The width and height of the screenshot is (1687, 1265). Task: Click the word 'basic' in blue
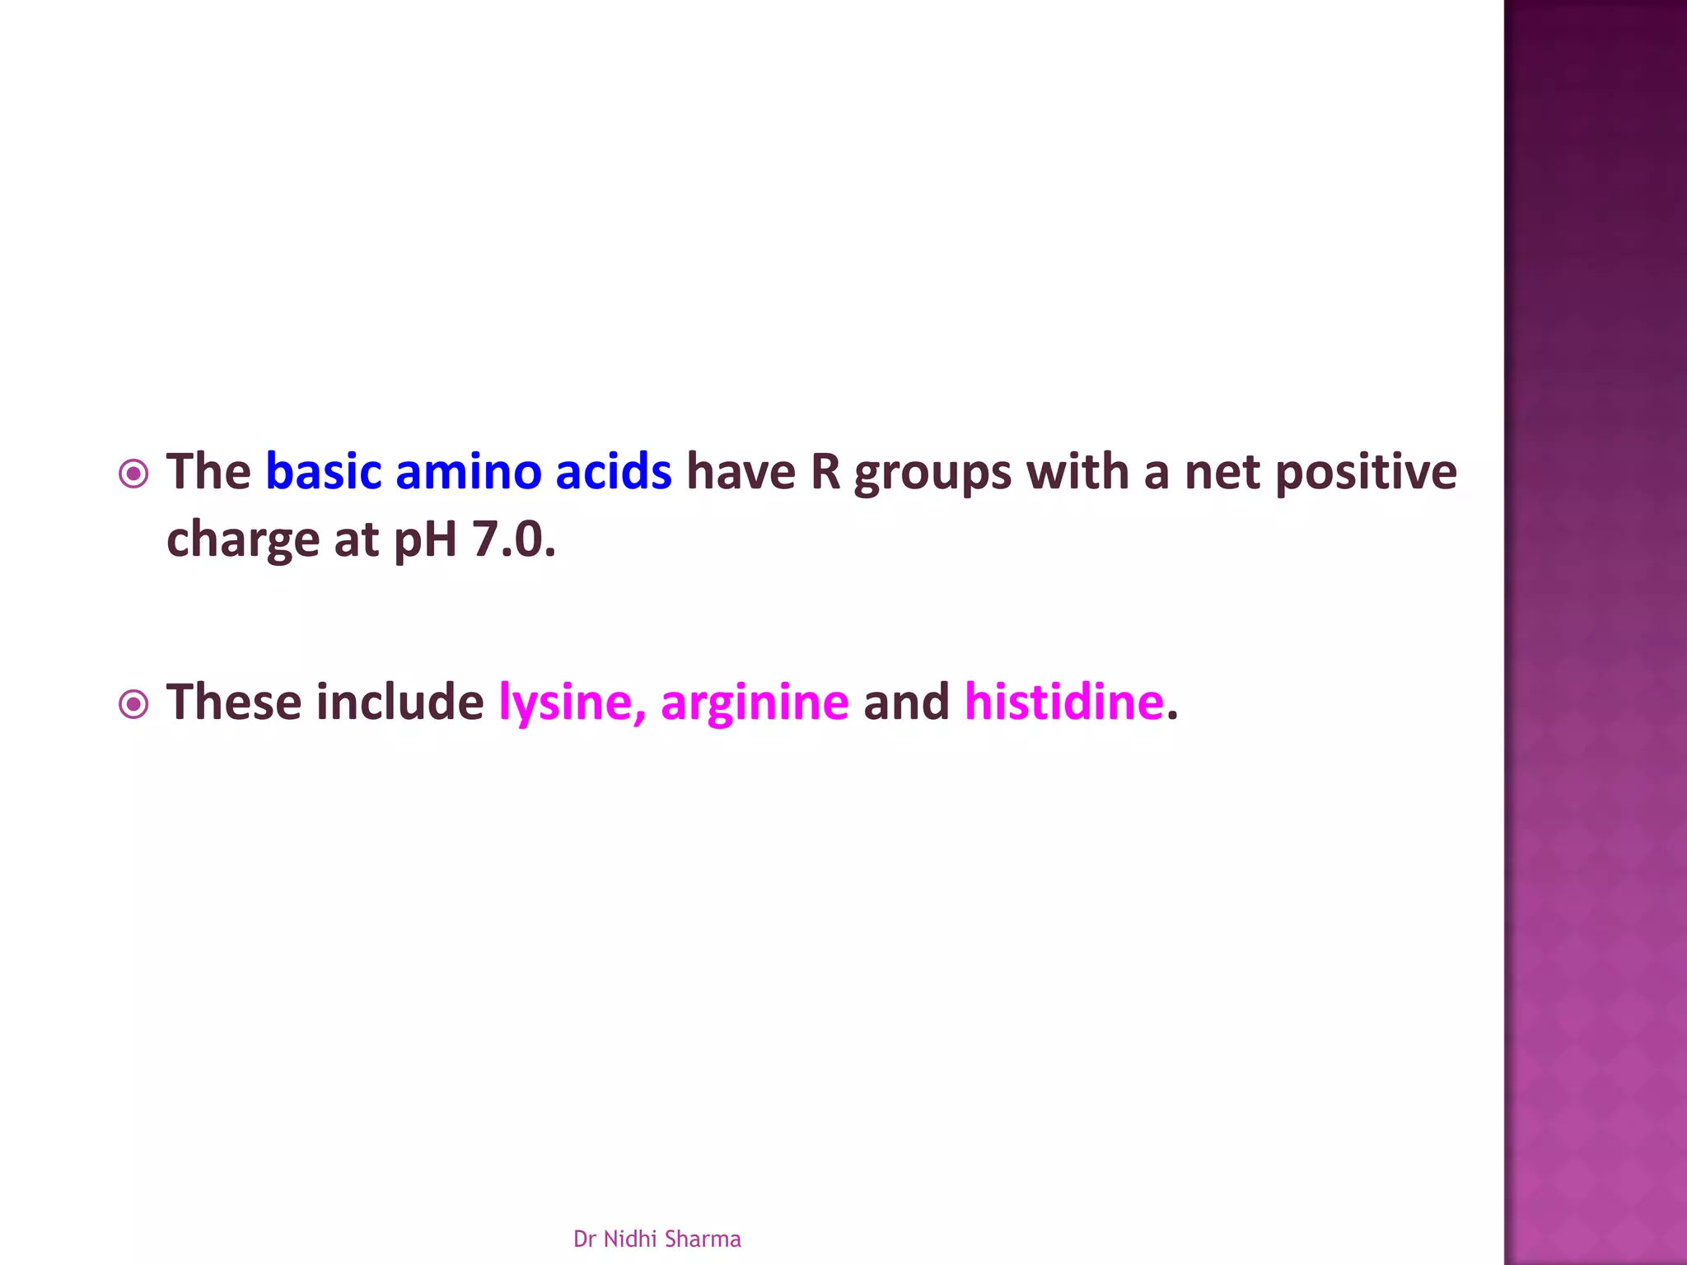(x=323, y=472)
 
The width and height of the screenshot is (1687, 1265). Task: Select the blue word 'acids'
(x=613, y=472)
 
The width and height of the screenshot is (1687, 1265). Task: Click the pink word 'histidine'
(x=1063, y=703)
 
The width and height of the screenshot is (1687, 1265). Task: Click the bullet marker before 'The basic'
(x=133, y=474)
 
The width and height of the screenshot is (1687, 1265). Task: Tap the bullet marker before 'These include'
(x=133, y=704)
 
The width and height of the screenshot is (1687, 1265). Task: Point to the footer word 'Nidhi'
(x=630, y=1239)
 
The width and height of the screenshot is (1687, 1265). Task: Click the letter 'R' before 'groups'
(x=825, y=472)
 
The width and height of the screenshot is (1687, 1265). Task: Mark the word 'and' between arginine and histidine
(x=906, y=703)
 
